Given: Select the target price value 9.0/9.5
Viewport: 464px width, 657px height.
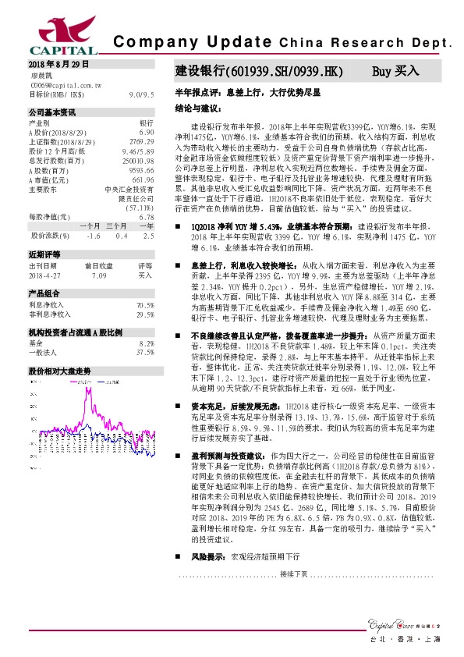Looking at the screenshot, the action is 141,94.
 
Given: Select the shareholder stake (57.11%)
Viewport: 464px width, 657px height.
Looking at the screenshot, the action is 137,209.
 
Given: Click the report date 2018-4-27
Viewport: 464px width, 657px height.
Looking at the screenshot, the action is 46,275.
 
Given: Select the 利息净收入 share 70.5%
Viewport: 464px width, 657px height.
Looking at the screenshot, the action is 144,305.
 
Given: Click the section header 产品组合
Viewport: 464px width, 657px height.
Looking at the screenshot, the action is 44,293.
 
